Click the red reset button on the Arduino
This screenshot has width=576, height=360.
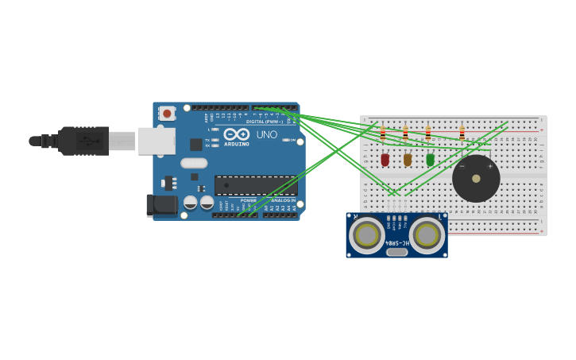167,114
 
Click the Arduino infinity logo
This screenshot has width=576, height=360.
236,134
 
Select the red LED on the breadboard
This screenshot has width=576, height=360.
385,159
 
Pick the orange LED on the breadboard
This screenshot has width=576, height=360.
408,159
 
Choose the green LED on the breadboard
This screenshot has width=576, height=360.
431,159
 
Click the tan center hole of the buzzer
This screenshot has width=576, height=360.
476,179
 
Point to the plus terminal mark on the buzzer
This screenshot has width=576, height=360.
490,167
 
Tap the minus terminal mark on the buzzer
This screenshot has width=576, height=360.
462,167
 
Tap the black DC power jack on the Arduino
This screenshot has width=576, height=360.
162,205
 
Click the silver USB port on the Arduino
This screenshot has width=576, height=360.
157,141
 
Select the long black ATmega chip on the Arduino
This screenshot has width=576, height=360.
256,185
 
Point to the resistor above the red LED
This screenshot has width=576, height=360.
383,133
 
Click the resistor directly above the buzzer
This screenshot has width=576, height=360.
462,133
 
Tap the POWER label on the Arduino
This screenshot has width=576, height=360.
249,200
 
